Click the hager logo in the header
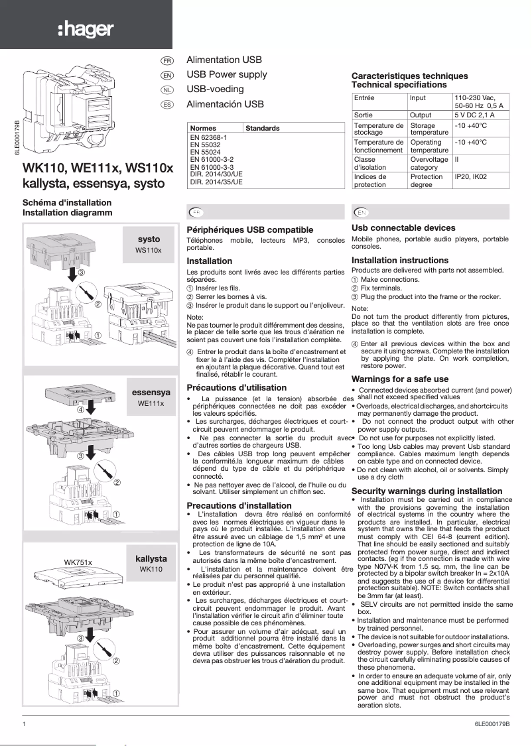click(x=86, y=29)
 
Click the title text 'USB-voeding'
click(x=215, y=89)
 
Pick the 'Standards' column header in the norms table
click(x=262, y=128)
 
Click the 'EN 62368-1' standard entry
click(x=208, y=137)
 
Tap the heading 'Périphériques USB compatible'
click(x=250, y=228)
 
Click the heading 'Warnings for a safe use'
click(x=399, y=379)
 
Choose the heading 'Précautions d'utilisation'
click(x=237, y=387)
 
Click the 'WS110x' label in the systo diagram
click(x=153, y=250)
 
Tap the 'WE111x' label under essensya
click(x=151, y=403)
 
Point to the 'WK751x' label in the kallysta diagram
click(x=77, y=562)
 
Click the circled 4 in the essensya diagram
click(x=80, y=410)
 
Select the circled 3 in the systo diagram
click(x=81, y=273)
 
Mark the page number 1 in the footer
click(x=25, y=723)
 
